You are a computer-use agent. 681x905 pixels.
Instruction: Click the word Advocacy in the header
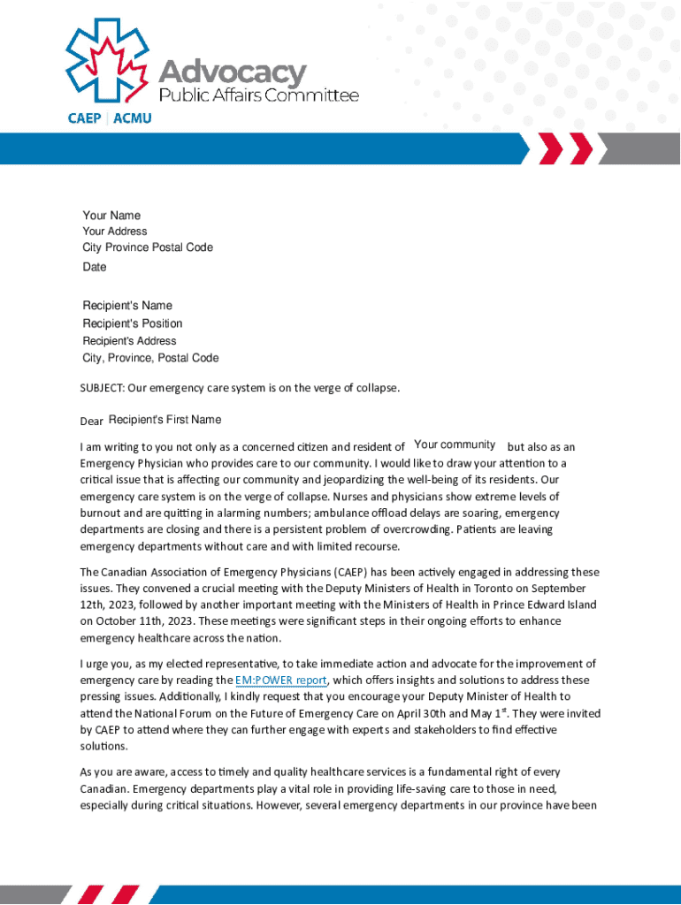pos(233,72)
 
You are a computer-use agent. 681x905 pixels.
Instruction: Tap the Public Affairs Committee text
pos(258,95)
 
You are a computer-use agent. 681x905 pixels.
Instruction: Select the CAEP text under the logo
pos(85,118)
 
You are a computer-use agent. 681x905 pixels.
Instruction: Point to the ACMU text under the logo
pos(132,118)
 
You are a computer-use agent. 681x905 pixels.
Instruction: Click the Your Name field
pos(111,216)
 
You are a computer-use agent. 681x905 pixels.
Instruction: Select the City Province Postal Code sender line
pos(148,247)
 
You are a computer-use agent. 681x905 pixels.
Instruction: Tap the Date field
pos(95,267)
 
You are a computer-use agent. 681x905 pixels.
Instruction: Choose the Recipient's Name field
pos(127,306)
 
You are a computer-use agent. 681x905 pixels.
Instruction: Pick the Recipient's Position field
pos(133,323)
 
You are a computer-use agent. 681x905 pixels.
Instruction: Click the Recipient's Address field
pos(129,340)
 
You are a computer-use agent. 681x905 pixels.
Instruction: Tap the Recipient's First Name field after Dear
pos(165,419)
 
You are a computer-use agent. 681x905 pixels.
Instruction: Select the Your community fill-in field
pos(455,445)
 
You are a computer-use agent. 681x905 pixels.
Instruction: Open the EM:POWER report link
pos(280,680)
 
